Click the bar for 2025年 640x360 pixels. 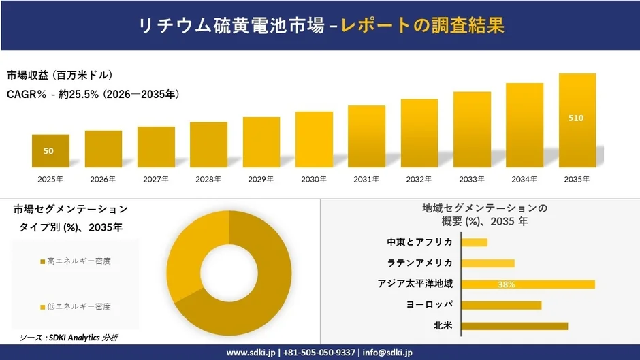pyautogui.click(x=50, y=151)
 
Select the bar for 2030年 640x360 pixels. pyautogui.click(x=314, y=140)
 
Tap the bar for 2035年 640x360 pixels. pyautogui.click(x=577, y=120)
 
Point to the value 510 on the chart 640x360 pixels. pyautogui.click(x=575, y=118)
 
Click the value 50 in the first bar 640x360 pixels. pyautogui.click(x=48, y=151)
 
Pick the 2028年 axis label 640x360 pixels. pyautogui.click(x=208, y=179)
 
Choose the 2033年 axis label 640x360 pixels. pyautogui.click(x=472, y=179)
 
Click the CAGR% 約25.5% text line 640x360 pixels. pyautogui.click(x=93, y=95)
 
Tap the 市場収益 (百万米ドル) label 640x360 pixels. pyautogui.click(x=60, y=75)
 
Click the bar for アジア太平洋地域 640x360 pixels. pyautogui.click(x=528, y=284)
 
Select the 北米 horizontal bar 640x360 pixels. pyautogui.click(x=514, y=326)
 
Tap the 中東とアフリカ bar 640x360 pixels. pyautogui.click(x=474, y=242)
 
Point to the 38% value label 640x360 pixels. pyautogui.click(x=506, y=284)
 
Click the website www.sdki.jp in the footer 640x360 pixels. pyautogui.click(x=251, y=353)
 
